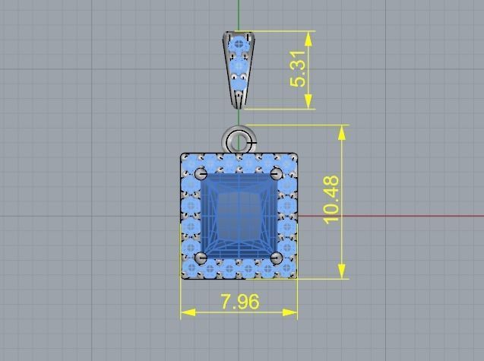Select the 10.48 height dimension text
(331, 200)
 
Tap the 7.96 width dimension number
(239, 302)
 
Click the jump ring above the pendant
(239, 141)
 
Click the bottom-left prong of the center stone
(201, 258)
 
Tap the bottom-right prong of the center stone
(277, 258)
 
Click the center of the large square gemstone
(239, 217)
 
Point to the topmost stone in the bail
(240, 43)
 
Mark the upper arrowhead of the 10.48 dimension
(343, 131)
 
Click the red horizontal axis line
(395, 216)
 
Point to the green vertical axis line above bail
(239, 15)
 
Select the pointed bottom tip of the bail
(239, 106)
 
